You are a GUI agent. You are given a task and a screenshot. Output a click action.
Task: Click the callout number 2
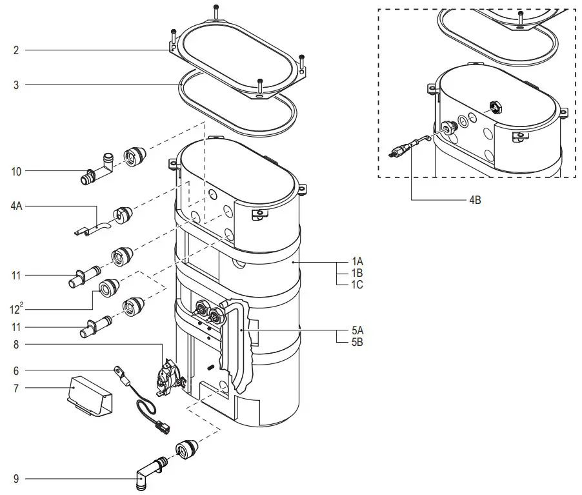click(x=15, y=50)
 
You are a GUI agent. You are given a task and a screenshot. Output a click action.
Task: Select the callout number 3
click(x=15, y=85)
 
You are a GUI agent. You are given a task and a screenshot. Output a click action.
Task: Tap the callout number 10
click(x=16, y=171)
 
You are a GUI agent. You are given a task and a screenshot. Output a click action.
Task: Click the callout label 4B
click(x=474, y=201)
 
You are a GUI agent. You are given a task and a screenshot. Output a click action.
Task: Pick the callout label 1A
click(x=357, y=262)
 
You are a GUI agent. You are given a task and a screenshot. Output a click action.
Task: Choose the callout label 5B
click(x=357, y=342)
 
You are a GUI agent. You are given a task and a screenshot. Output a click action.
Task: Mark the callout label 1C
click(x=357, y=285)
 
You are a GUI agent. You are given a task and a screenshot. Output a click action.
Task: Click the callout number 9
click(x=15, y=479)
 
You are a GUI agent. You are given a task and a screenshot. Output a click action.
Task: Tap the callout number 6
click(x=15, y=370)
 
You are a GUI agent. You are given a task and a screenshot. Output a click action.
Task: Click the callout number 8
click(x=15, y=345)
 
